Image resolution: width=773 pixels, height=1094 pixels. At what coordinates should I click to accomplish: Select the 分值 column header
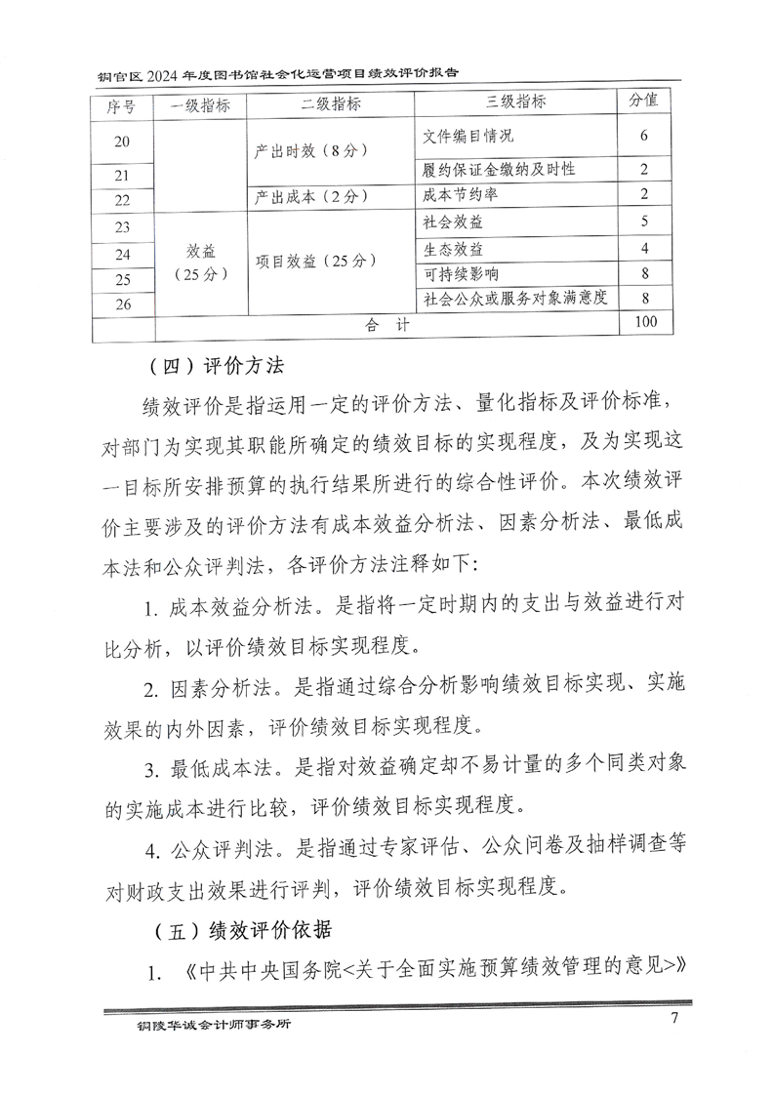coord(643,101)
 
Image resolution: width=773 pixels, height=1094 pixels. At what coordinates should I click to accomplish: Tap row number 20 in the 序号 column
coord(122,142)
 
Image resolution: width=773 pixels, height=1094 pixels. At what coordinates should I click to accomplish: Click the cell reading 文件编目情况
coord(468,136)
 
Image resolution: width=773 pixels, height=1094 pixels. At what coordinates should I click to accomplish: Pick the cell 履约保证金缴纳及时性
coord(500,170)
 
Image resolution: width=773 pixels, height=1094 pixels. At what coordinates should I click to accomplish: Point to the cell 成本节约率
coord(456,195)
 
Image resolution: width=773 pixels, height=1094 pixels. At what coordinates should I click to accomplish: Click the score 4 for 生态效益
coord(644,248)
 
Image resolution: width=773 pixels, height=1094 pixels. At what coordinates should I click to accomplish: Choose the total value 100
coord(644,322)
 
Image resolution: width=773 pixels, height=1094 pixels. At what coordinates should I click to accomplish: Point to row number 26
coord(122,304)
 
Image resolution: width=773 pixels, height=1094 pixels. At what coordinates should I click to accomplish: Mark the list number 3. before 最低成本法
coord(152,771)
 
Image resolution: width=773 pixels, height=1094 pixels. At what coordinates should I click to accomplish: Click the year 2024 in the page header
coord(169,73)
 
